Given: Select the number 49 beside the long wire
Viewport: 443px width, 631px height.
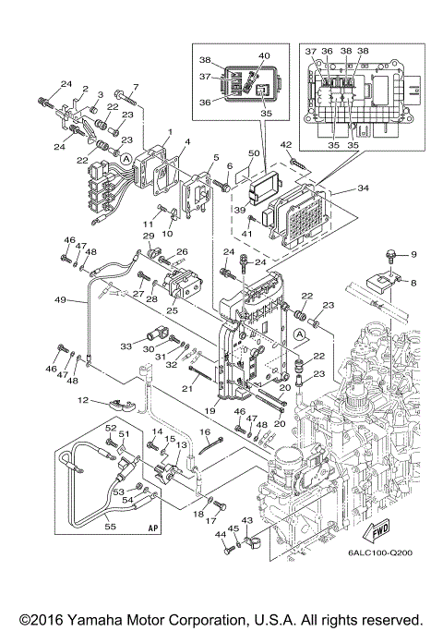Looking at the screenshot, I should (x=60, y=300).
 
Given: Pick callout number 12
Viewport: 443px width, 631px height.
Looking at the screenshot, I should (x=82, y=401).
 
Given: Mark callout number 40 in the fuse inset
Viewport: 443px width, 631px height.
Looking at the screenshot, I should (x=264, y=56).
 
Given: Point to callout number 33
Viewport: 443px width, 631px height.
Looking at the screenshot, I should (x=126, y=346).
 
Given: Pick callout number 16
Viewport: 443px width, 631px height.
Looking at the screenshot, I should (x=205, y=431).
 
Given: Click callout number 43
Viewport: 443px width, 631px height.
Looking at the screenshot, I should (x=247, y=521).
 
